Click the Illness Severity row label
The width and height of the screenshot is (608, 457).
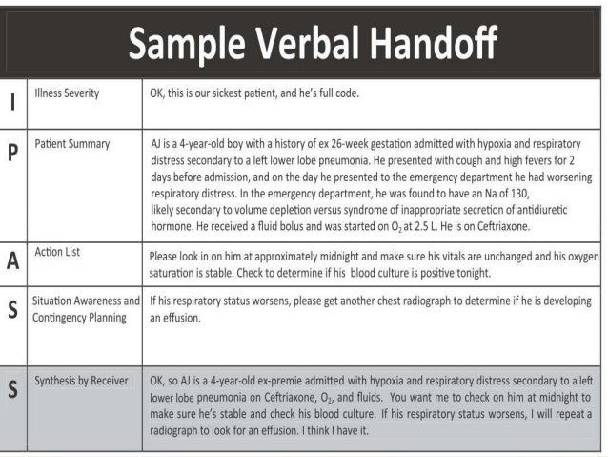click(x=67, y=94)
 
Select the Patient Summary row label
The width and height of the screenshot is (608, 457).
click(x=72, y=144)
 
